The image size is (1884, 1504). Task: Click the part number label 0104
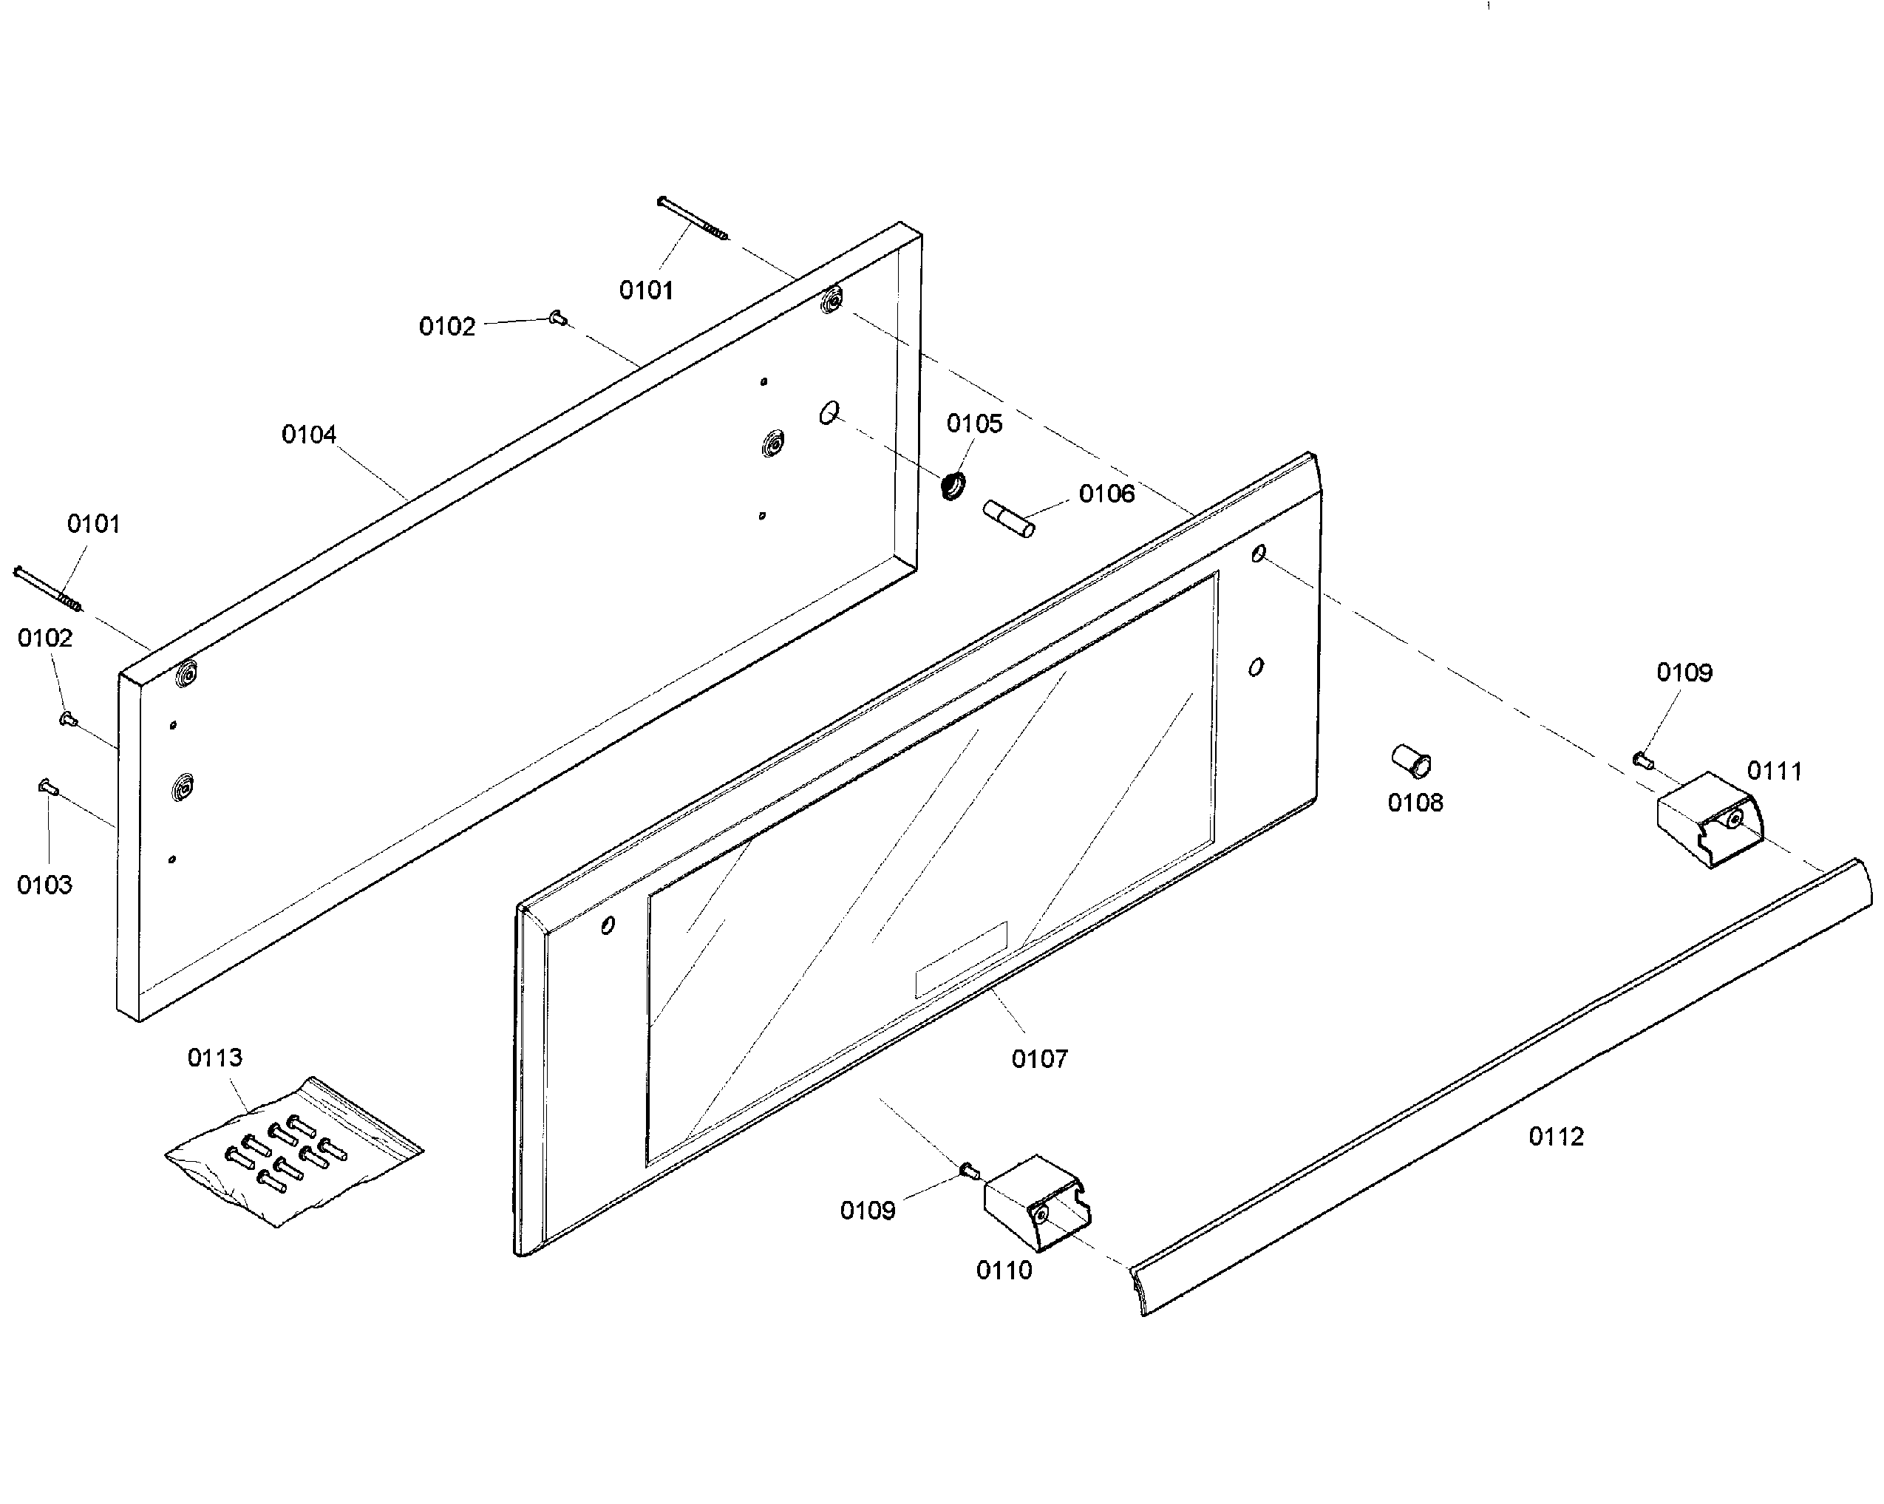tap(308, 435)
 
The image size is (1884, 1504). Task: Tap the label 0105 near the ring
tap(974, 423)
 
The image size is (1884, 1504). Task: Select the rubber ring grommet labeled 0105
tap(953, 484)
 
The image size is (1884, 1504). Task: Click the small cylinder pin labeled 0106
tap(1010, 518)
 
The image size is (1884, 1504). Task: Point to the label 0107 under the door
tap(1039, 1059)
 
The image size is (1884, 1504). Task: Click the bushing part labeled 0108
tap(1410, 760)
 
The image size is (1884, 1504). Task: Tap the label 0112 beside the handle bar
tap(1555, 1137)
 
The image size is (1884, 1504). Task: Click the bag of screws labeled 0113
tap(293, 1154)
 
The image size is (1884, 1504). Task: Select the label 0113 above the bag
tap(215, 1058)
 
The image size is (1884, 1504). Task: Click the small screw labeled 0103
tap(48, 787)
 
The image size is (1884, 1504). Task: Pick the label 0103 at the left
tap(44, 885)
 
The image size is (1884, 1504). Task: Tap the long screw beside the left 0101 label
tap(48, 588)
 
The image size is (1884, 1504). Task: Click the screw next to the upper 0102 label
tap(557, 318)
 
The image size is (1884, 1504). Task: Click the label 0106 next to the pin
tap(1106, 494)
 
